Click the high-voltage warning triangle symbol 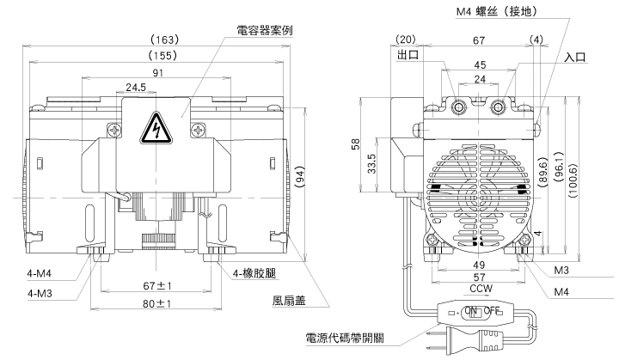point(157,128)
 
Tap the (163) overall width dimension point(163,40)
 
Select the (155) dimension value point(163,55)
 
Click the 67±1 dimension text point(158,284)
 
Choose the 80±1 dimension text point(158,303)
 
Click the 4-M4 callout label point(40,275)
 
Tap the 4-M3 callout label point(40,294)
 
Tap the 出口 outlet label point(408,55)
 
